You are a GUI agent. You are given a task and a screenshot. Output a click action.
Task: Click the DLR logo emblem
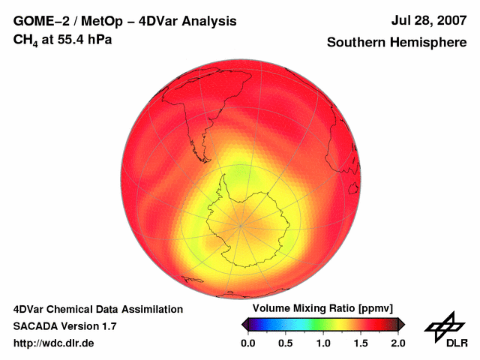click(445, 328)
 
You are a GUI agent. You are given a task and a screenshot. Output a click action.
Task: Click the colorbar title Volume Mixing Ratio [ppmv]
click(322, 308)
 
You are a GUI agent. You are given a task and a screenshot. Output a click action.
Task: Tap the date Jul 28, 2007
click(428, 21)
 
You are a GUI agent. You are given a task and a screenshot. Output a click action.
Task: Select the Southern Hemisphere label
click(396, 43)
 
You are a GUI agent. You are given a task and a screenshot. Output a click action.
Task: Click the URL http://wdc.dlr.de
click(54, 343)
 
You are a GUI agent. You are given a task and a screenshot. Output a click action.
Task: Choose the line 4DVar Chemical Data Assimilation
click(97, 309)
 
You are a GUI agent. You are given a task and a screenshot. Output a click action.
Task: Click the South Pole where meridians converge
click(241, 224)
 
